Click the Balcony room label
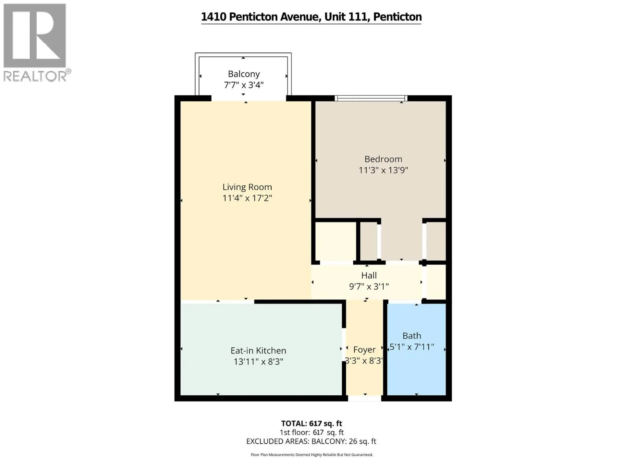pyautogui.click(x=244, y=74)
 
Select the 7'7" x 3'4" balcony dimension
pyautogui.click(x=244, y=85)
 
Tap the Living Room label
pyautogui.click(x=247, y=187)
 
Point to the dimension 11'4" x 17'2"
pyautogui.click(x=247, y=198)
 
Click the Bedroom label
pyautogui.click(x=383, y=159)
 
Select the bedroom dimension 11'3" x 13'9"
pyautogui.click(x=383, y=170)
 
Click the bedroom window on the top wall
pyautogui.click(x=371, y=98)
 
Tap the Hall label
pyautogui.click(x=369, y=276)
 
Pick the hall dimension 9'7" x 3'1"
pyautogui.click(x=369, y=287)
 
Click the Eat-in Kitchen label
pyautogui.click(x=258, y=351)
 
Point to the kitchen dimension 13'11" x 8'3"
pyautogui.click(x=258, y=362)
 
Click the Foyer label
pyautogui.click(x=364, y=350)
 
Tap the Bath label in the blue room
pyautogui.click(x=412, y=336)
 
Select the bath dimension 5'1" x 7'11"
pyautogui.click(x=412, y=347)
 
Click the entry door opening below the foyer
pyautogui.click(x=365, y=398)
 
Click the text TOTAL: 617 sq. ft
pyautogui.click(x=311, y=424)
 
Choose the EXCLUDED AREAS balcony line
pyautogui.click(x=311, y=441)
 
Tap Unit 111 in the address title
pyautogui.click(x=347, y=17)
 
